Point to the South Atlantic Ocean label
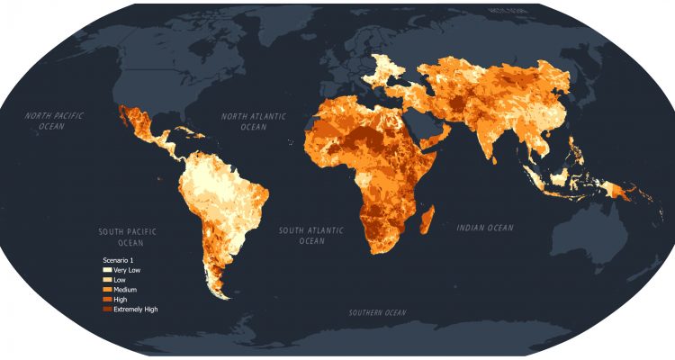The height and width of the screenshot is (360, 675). [311, 236]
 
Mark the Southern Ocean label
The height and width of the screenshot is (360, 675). [378, 313]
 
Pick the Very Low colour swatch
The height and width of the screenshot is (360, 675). [106, 270]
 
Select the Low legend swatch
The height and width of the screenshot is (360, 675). [106, 280]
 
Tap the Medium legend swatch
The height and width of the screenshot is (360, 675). [106, 290]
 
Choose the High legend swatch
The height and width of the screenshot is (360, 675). [106, 299]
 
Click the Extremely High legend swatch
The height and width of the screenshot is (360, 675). [106, 309]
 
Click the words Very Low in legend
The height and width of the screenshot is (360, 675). [127, 270]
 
